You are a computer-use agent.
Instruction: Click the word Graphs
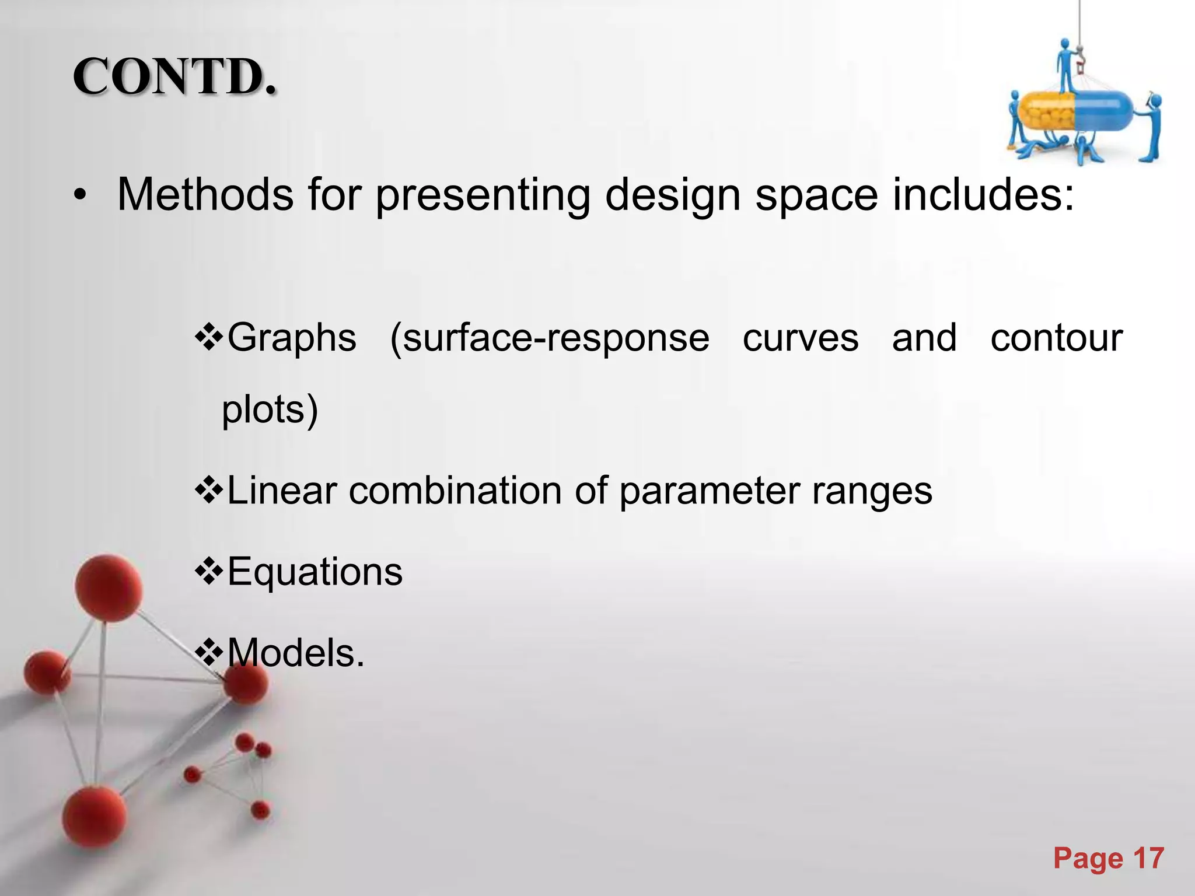coord(291,338)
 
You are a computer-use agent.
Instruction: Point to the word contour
coord(1056,338)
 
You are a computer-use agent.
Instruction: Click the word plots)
coord(270,409)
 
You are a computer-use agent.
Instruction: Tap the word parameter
coord(710,492)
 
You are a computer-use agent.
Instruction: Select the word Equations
coord(315,572)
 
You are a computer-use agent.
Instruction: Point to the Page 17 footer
coord(1108,859)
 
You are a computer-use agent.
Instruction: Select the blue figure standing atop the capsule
coord(1065,64)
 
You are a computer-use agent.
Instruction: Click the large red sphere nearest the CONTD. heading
coord(109,587)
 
